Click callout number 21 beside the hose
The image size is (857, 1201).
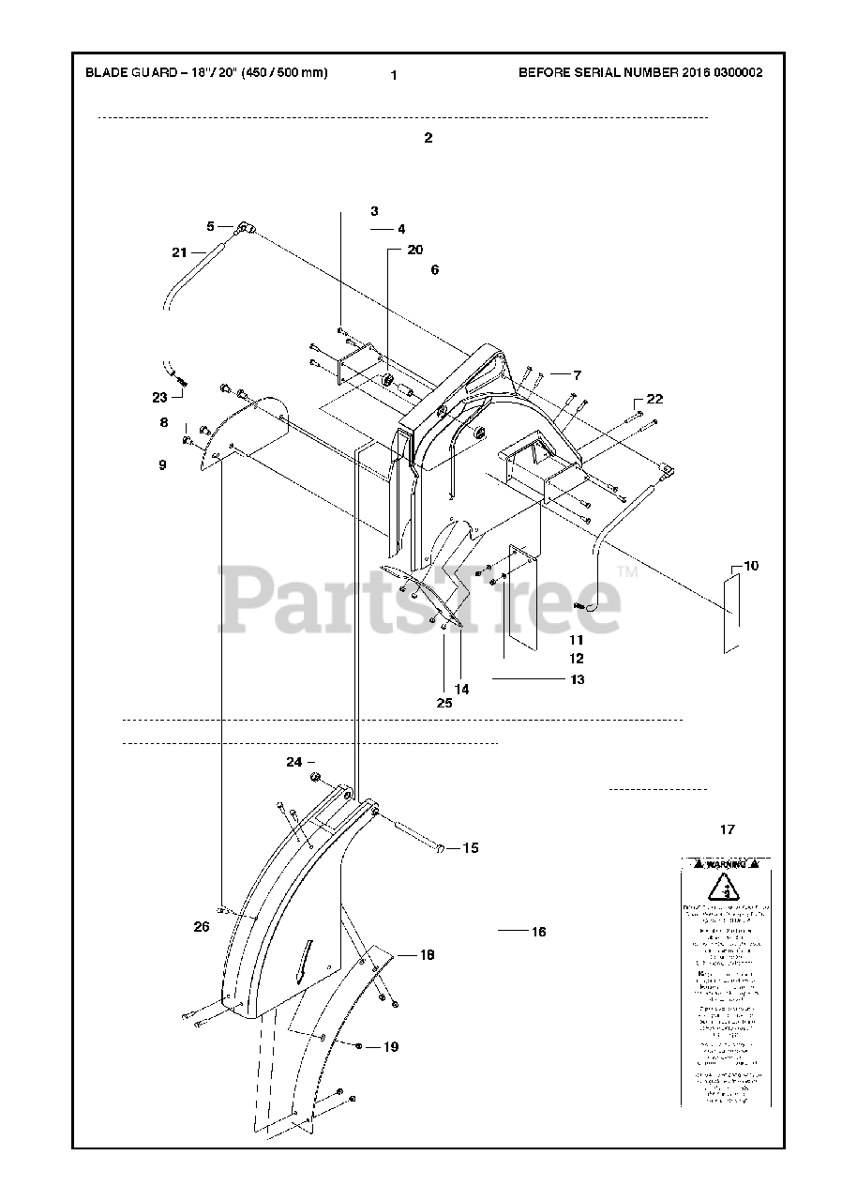coord(179,251)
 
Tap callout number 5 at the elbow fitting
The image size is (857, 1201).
coord(212,225)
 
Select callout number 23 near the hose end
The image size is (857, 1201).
coord(160,397)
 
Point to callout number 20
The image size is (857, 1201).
coord(415,250)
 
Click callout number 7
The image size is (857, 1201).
coord(578,374)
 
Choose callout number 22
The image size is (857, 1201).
coord(654,399)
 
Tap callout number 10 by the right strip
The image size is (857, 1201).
coord(751,566)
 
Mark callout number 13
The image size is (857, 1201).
coord(577,678)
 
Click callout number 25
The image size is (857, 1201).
coord(444,702)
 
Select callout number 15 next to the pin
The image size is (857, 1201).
coord(471,847)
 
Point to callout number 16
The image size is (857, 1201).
coord(538,932)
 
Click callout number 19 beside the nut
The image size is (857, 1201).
coord(390,1046)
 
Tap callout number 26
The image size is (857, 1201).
coord(202,927)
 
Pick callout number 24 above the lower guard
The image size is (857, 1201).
coord(294,762)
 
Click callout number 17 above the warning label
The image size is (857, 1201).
coord(728,829)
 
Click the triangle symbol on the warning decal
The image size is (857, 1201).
coord(722,888)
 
